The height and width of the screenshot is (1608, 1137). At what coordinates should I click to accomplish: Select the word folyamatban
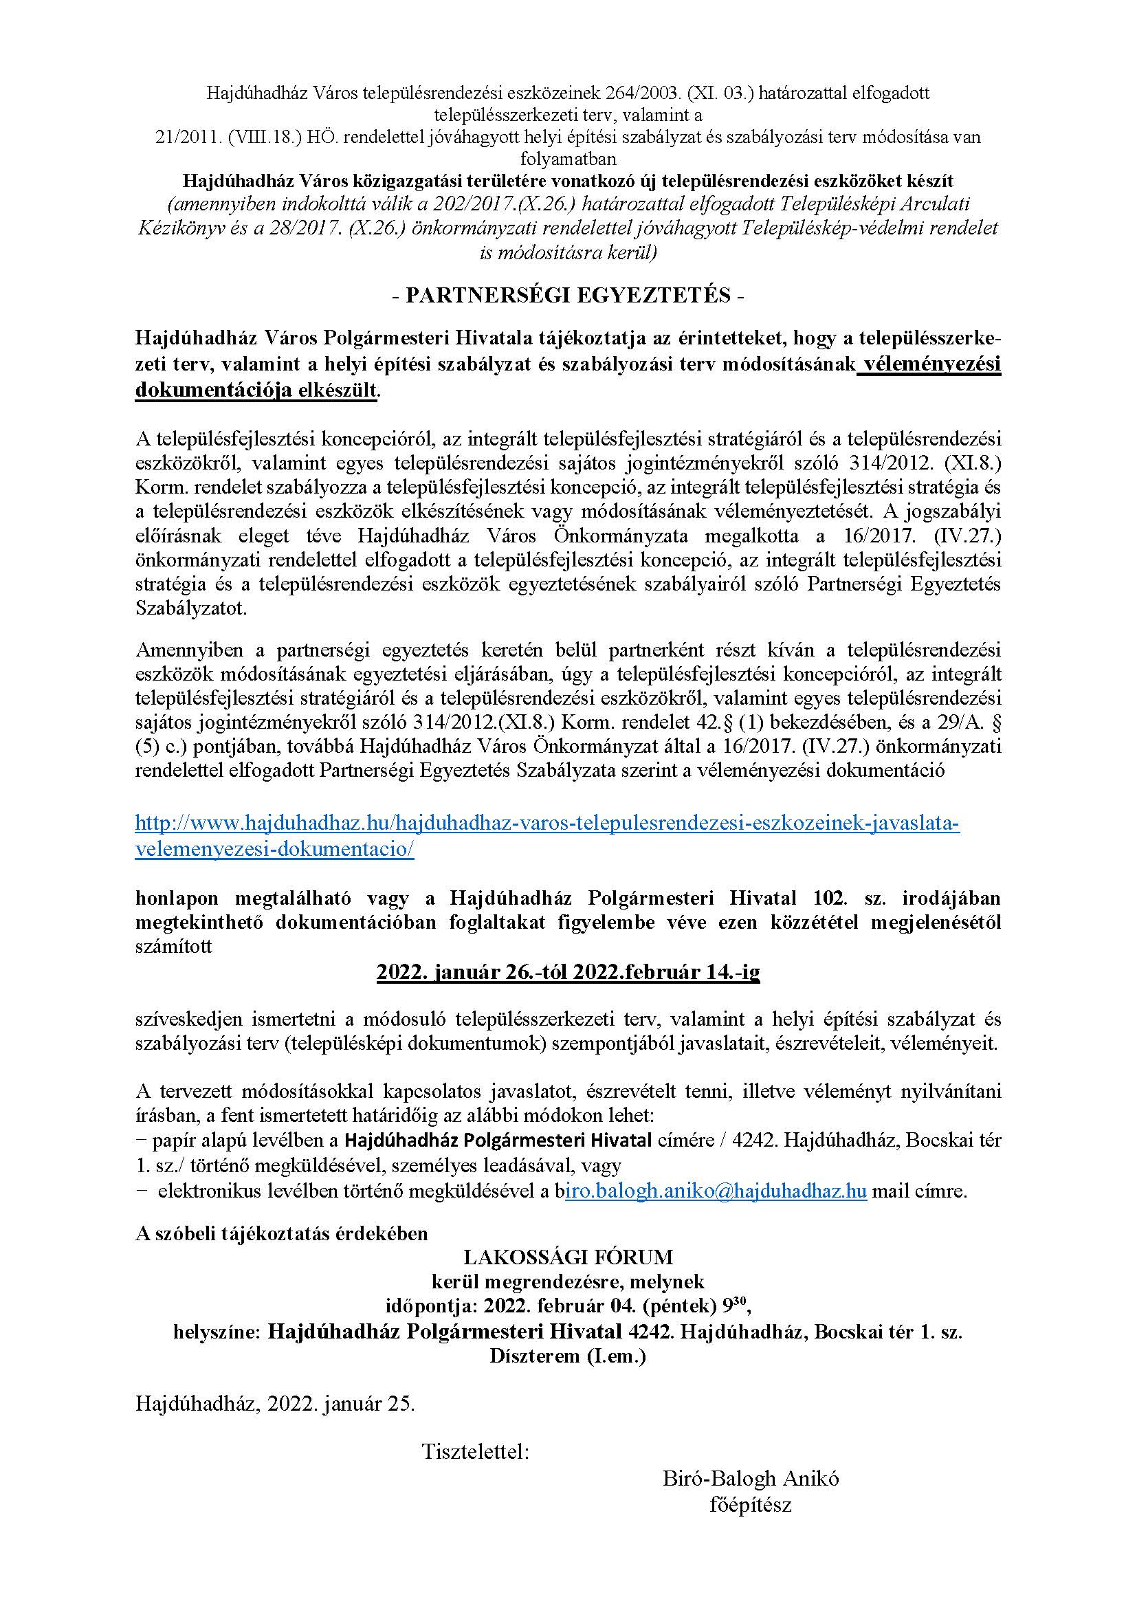(x=568, y=159)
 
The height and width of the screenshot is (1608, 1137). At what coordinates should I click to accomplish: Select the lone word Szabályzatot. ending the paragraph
(x=191, y=608)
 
